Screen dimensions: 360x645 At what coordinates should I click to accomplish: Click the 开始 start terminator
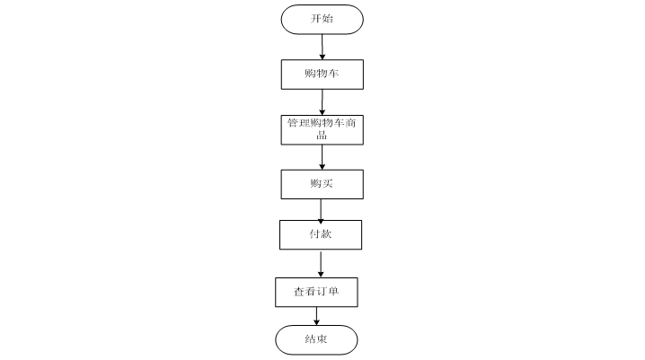coord(322,19)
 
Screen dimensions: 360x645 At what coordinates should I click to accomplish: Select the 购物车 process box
coord(322,74)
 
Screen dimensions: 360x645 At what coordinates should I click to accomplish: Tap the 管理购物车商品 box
coord(322,128)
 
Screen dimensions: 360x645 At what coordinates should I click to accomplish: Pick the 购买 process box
coord(322,184)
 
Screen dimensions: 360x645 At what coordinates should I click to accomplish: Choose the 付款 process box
coord(322,234)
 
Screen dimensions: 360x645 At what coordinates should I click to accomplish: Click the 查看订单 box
coord(316,292)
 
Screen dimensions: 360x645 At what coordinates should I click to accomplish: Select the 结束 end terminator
coord(316,340)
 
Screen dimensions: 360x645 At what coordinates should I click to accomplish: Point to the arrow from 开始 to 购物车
coord(322,47)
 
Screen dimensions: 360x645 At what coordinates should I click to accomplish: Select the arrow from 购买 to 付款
coord(322,209)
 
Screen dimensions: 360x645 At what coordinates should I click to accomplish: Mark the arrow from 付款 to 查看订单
coord(322,264)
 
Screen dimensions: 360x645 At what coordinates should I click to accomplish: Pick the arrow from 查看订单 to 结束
coord(316,316)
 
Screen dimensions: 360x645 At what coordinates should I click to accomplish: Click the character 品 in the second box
coord(322,136)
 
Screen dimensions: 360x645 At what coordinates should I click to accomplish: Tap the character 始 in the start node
coord(327,19)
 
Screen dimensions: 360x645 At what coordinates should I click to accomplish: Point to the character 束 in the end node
coord(322,340)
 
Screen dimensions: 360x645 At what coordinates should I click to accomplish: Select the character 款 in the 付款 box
coord(327,234)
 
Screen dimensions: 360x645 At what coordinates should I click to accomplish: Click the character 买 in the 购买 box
coord(327,184)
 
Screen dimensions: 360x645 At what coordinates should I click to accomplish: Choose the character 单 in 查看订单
coord(333,292)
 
